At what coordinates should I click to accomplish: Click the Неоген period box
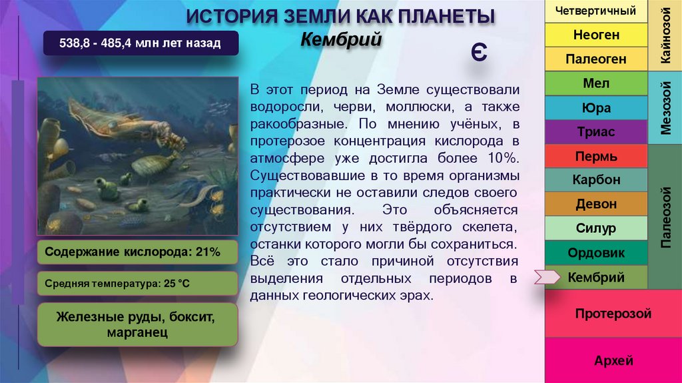tap(596, 35)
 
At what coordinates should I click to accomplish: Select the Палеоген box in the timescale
tap(596, 59)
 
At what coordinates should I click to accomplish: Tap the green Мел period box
tap(596, 83)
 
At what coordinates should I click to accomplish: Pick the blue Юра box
tap(596, 108)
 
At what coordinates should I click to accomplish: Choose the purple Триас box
tap(596, 132)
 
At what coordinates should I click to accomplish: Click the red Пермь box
tap(596, 156)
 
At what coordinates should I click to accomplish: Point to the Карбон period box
tap(596, 180)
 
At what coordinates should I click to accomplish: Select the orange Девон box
tap(596, 204)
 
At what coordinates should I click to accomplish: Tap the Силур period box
tap(596, 228)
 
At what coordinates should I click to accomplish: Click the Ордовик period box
tap(596, 253)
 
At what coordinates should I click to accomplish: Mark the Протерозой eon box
tap(613, 314)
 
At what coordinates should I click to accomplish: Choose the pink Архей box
tap(613, 360)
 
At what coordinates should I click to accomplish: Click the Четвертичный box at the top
tap(596, 11)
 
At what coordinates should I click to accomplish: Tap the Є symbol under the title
tap(478, 53)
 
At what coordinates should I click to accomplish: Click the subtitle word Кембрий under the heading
tap(340, 39)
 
